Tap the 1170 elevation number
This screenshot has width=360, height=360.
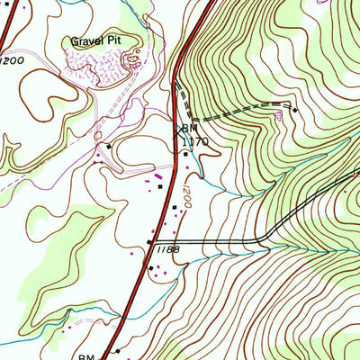point(195,141)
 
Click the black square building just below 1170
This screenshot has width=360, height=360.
point(187,154)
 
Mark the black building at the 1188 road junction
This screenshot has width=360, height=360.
point(149,243)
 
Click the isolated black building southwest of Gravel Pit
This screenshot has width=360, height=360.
point(109,146)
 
